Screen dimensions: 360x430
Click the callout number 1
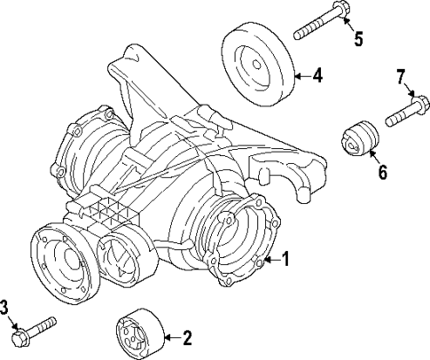pyautogui.click(x=285, y=259)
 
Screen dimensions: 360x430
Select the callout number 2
pyautogui.click(x=187, y=337)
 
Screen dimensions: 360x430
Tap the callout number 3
pyautogui.click(x=5, y=308)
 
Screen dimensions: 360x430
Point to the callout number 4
pyautogui.click(x=317, y=76)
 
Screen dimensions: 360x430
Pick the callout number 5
pyautogui.click(x=358, y=39)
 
